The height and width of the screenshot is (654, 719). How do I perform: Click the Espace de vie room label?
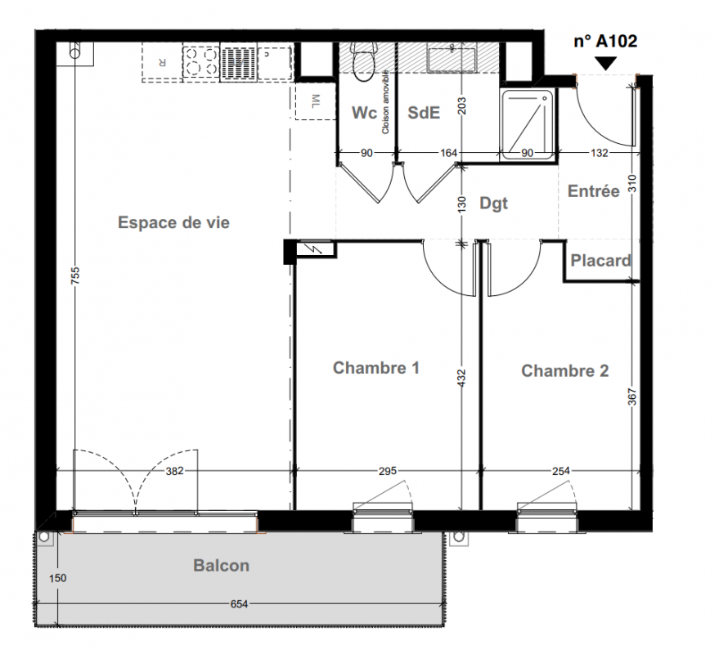[173, 222]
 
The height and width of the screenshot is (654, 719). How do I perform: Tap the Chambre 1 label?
[376, 368]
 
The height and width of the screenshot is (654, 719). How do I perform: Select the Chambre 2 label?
[565, 371]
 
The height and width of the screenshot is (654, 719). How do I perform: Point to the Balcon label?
[221, 566]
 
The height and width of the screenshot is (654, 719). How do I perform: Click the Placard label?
[600, 260]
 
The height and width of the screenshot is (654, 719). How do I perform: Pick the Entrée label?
[593, 190]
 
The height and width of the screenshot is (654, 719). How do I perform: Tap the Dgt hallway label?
[493, 204]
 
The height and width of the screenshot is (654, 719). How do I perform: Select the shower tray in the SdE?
[528, 124]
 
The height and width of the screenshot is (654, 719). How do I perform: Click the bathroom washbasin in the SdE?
[452, 58]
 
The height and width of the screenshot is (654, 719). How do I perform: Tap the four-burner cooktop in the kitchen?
[201, 61]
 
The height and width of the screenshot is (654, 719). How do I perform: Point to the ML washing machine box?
[316, 101]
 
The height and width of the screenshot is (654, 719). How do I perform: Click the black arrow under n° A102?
[605, 63]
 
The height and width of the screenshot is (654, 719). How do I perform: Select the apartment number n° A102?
[605, 41]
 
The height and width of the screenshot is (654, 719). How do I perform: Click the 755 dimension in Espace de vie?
[75, 275]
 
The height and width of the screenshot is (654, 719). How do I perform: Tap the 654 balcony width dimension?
[239, 604]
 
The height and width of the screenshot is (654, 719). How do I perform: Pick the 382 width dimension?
[175, 471]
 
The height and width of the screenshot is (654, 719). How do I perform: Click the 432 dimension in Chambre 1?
[461, 379]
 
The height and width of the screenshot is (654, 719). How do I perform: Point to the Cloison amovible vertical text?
[385, 101]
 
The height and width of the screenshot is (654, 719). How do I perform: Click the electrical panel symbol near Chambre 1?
[315, 249]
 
